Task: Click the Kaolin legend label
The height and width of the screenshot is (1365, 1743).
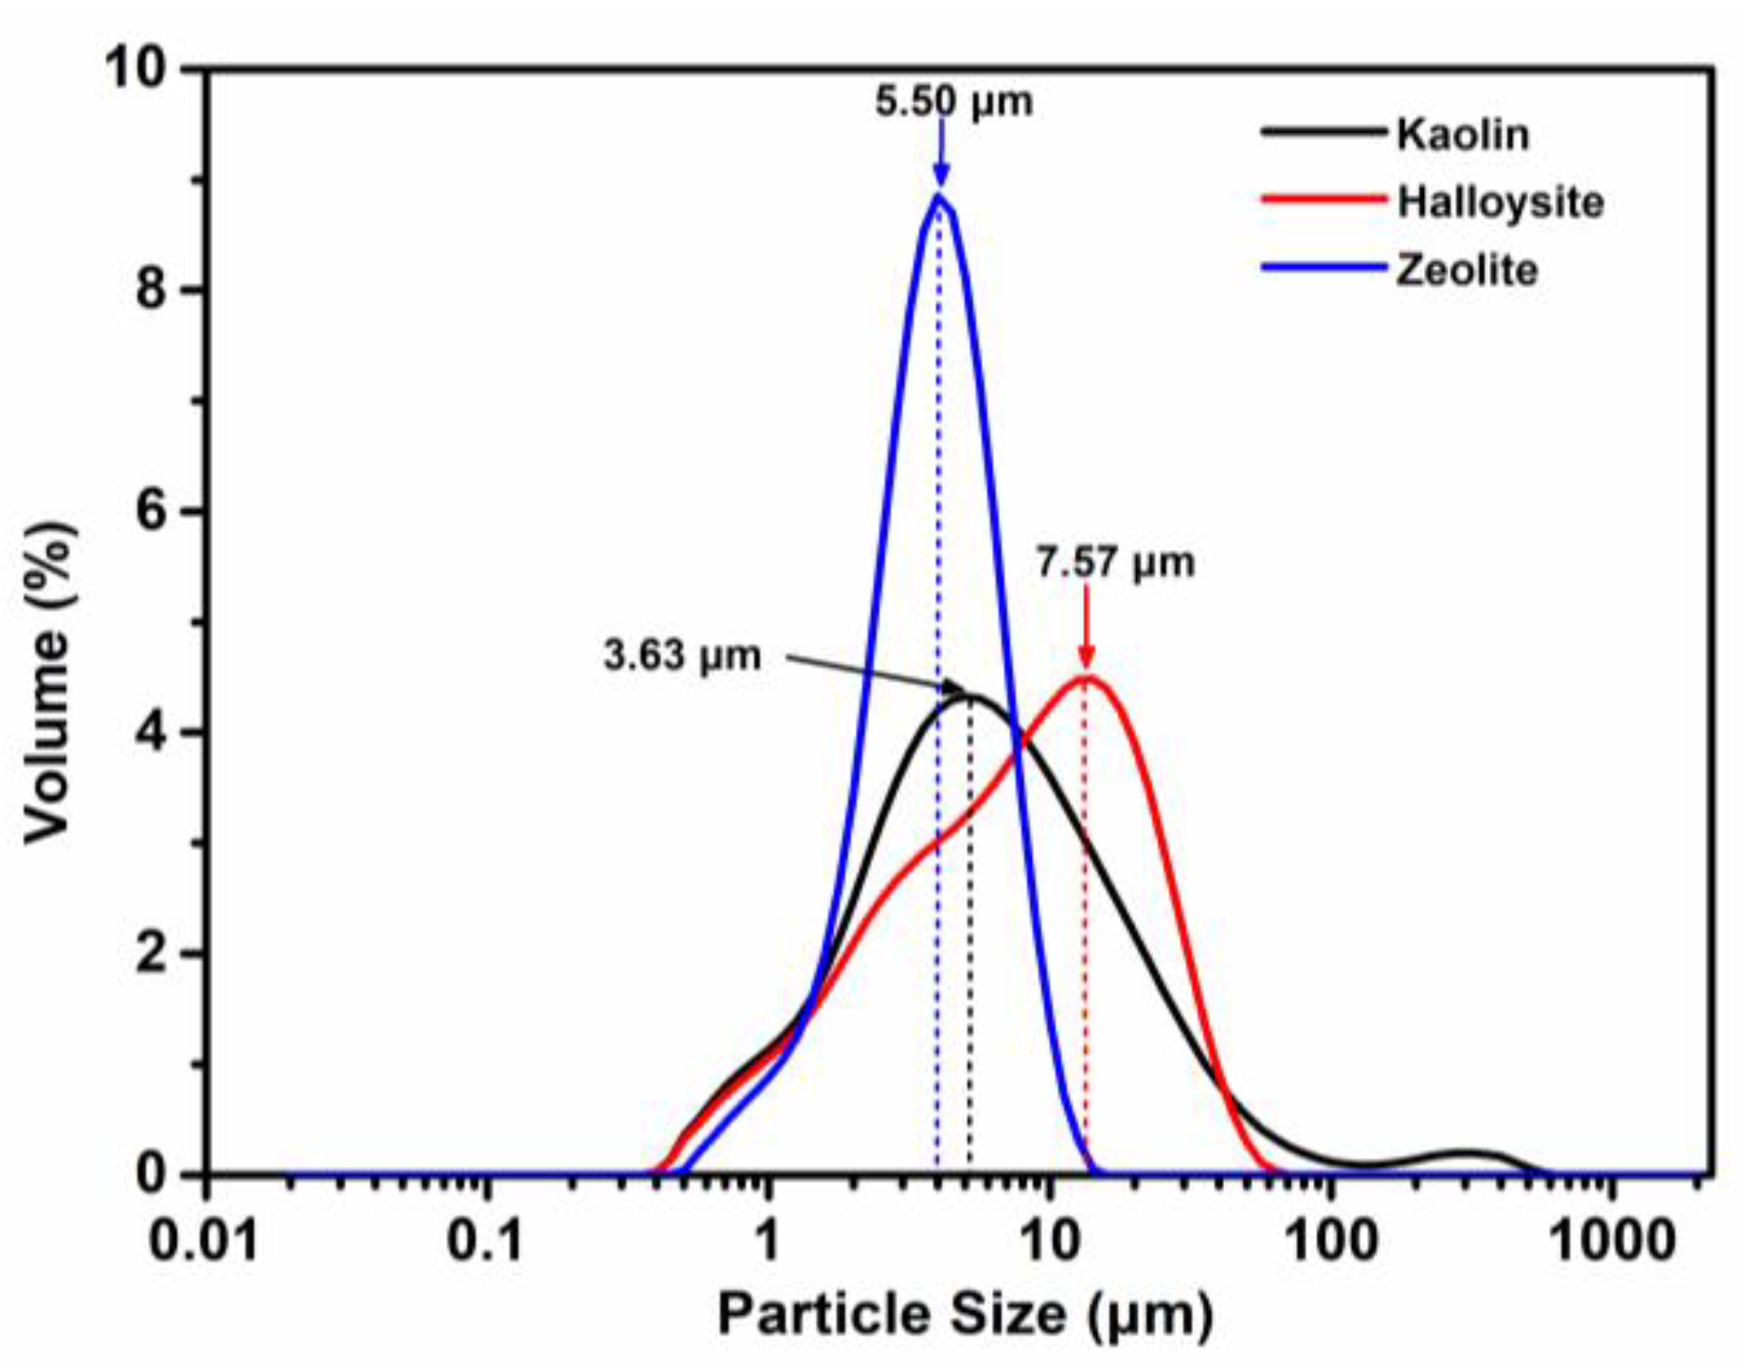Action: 1463,134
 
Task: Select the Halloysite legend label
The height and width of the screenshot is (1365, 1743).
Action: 1501,203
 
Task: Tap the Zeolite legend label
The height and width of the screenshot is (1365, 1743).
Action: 1467,271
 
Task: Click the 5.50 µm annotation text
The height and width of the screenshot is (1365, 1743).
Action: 953,101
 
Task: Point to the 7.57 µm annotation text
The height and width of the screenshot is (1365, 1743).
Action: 1114,563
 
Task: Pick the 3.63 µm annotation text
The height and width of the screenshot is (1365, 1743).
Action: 682,656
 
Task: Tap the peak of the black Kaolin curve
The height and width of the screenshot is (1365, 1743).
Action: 971,698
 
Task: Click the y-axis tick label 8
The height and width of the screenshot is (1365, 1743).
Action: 151,289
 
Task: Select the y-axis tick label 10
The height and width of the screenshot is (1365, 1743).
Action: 136,68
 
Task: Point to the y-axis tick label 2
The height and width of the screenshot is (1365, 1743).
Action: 151,954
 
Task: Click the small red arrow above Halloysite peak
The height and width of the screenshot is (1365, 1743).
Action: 1086,629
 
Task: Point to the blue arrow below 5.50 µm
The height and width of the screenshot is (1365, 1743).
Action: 940,151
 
